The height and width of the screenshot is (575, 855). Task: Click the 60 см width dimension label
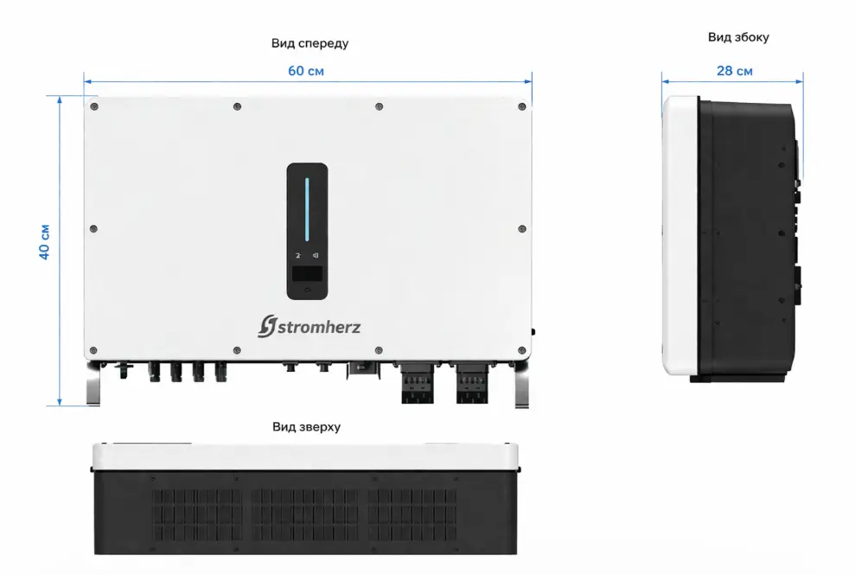click(306, 70)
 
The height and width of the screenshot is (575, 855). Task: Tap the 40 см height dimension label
click(44, 242)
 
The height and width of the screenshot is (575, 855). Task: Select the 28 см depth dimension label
click(734, 70)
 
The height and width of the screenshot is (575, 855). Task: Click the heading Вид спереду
click(309, 42)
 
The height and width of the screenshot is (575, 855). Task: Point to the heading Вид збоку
click(738, 37)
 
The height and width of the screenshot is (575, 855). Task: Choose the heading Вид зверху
click(306, 426)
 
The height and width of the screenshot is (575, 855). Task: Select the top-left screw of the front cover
click(94, 106)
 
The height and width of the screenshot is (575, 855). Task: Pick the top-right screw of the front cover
click(521, 106)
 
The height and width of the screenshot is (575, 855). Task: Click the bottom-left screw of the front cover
click(94, 350)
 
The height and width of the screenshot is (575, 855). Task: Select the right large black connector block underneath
click(472, 385)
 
